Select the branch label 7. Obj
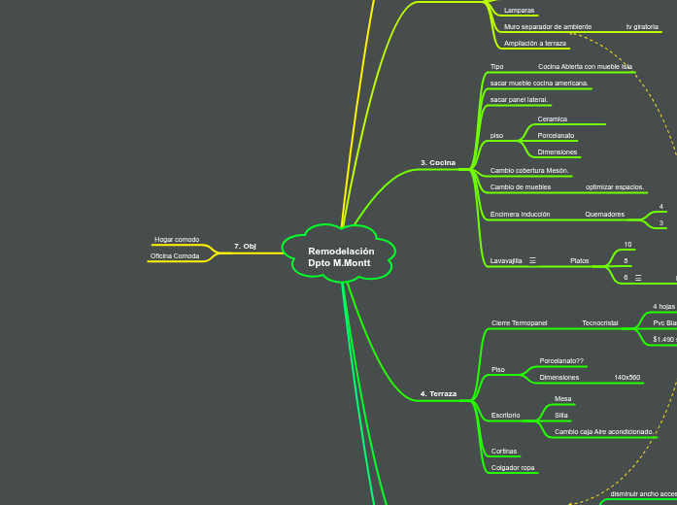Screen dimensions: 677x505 245,246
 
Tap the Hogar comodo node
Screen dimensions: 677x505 177,239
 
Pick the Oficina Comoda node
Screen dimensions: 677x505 175,255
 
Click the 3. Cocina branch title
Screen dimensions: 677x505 437,162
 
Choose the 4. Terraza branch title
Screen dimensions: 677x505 438,393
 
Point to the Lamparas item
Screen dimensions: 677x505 519,11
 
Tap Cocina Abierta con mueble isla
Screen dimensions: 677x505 585,67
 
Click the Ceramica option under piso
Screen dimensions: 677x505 552,118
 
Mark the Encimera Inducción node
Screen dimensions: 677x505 520,214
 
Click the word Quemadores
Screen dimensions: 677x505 604,214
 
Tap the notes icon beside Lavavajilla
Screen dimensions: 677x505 533,261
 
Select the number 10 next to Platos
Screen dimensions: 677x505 627,245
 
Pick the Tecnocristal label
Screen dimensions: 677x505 599,322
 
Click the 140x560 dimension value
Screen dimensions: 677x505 626,377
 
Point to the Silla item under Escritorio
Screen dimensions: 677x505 561,415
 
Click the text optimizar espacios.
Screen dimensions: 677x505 615,186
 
